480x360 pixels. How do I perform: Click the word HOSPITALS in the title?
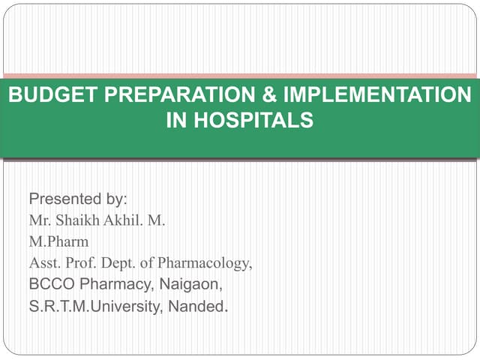coord(250,120)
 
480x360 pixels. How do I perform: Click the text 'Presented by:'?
coord(78,199)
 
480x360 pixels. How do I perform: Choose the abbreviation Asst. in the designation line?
coord(44,263)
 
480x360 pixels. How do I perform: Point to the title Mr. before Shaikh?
coord(39,221)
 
